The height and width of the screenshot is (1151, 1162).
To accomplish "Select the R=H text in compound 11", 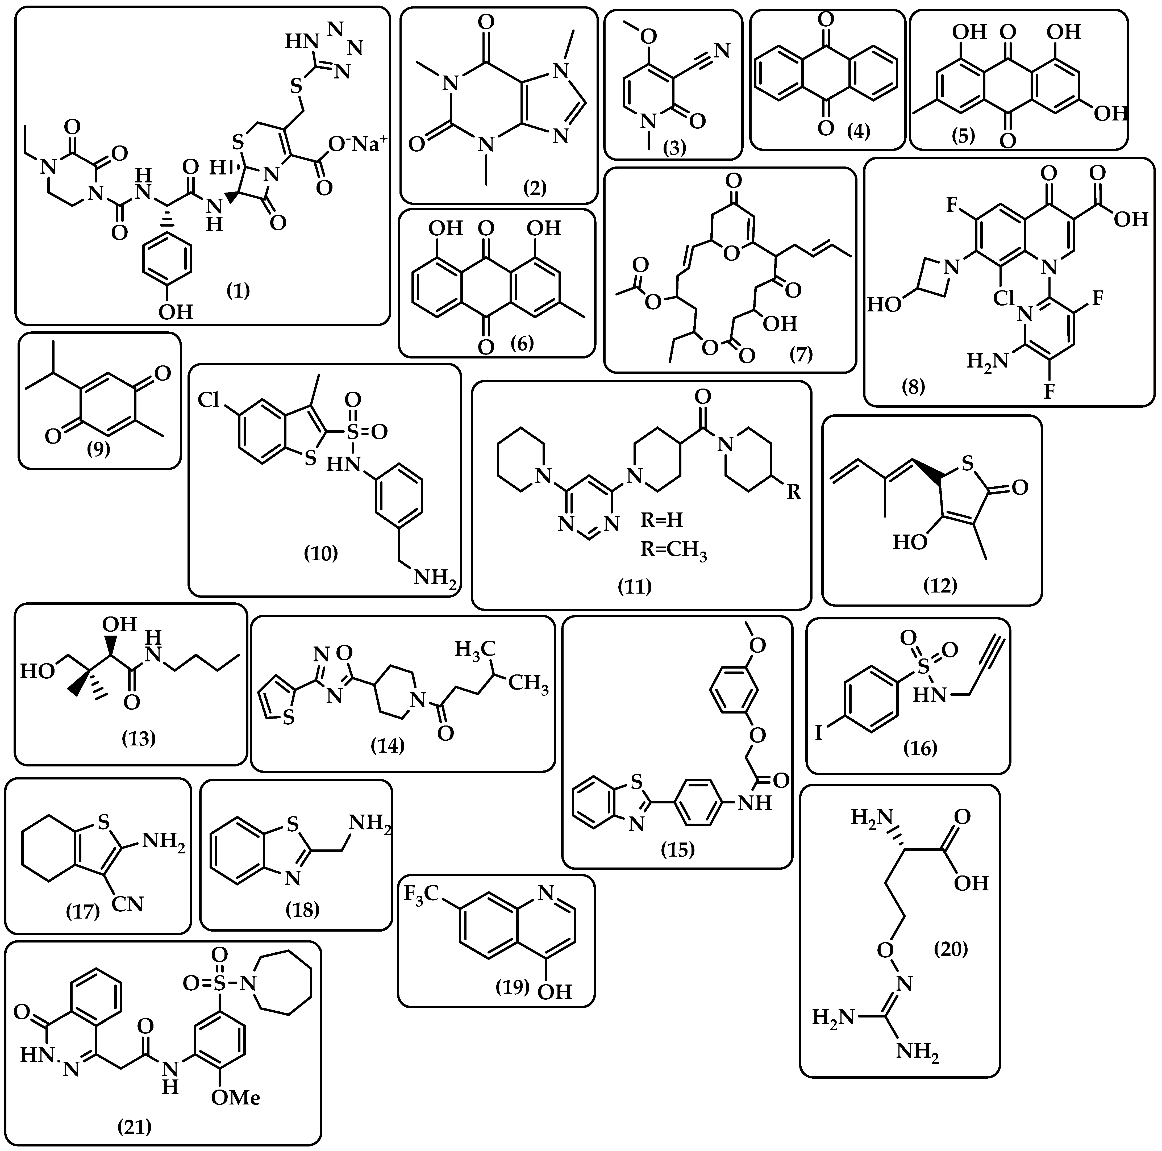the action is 662,519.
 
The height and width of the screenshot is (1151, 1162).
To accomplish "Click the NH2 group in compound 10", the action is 434,578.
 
